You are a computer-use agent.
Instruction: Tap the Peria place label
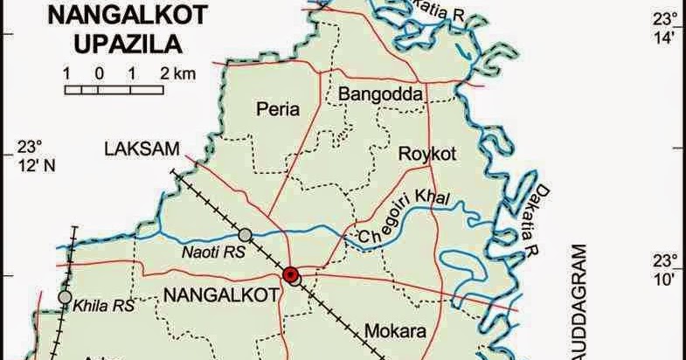coord(277,109)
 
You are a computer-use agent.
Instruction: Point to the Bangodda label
coord(380,93)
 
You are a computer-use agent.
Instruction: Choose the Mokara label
coord(394,332)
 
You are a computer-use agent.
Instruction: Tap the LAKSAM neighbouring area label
coord(135,150)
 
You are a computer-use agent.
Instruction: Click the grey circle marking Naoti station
coord(246,234)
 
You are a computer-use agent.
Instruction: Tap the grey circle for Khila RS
coord(65,298)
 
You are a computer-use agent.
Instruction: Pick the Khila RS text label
coord(104,306)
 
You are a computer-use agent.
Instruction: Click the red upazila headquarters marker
coord(291,275)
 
